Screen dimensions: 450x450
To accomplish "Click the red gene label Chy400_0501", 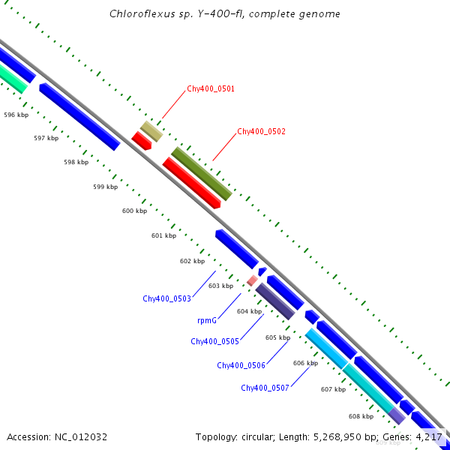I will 211,88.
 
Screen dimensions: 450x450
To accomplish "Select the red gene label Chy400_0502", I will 261,131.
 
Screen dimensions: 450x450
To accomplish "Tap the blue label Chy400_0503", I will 166,298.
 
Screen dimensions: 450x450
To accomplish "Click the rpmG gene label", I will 207,320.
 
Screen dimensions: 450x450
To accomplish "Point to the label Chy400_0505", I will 214,341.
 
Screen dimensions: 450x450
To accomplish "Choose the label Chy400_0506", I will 241,365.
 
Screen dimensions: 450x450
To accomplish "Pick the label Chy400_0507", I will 265,388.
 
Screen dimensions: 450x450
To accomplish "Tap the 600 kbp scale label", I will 134,211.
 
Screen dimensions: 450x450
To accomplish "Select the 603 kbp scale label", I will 220,286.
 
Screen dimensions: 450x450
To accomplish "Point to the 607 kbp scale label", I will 332,389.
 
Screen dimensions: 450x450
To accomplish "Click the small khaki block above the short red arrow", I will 151,131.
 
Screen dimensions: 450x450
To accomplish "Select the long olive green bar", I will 201,173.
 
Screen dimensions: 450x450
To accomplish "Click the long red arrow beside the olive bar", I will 190,182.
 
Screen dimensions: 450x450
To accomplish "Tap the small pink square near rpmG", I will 252,280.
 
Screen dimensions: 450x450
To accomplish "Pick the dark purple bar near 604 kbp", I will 274,301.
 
